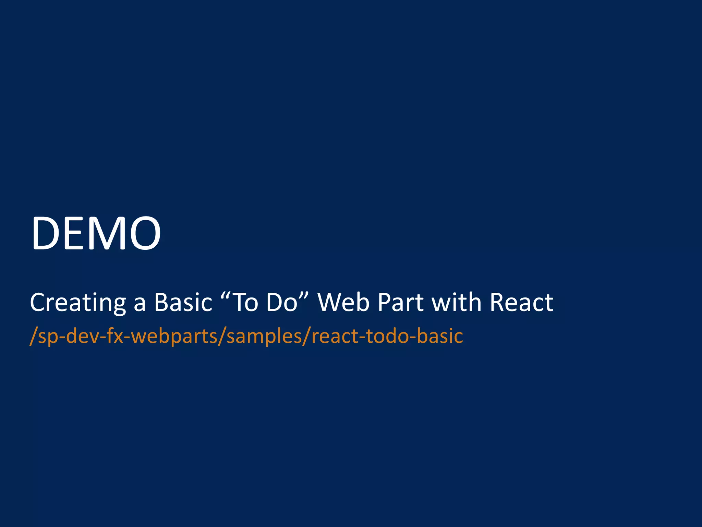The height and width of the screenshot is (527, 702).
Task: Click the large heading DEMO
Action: pyautogui.click(x=96, y=233)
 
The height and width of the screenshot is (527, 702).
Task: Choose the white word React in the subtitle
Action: pyautogui.click(x=521, y=303)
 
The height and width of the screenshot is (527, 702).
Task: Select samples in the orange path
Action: pyautogui.click(x=264, y=336)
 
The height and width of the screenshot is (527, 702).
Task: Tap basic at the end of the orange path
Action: pyautogui.click(x=440, y=336)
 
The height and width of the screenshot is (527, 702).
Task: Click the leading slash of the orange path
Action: pyautogui.click(x=33, y=336)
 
